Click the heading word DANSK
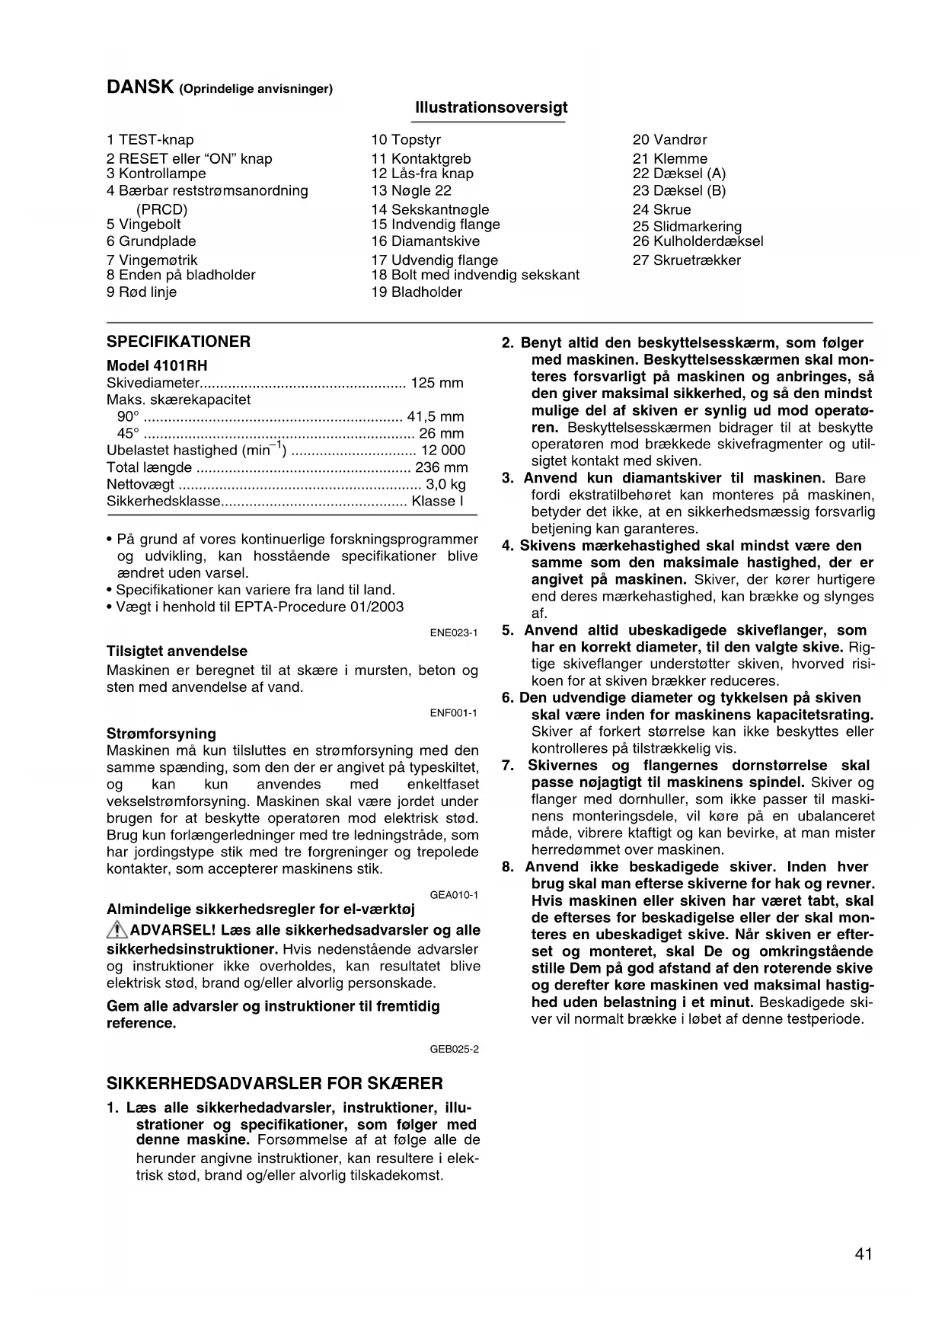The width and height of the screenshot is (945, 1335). [x=139, y=88]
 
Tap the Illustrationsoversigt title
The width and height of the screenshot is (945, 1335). [x=491, y=107]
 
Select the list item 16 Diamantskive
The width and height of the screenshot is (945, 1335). [x=426, y=241]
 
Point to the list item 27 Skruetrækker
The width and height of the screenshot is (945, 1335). [x=686, y=260]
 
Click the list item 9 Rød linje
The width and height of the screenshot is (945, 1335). [x=142, y=292]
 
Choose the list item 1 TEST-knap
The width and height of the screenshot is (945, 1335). [x=150, y=140]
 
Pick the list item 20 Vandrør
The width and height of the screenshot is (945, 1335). [x=669, y=140]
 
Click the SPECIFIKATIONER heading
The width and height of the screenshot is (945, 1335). [x=178, y=342]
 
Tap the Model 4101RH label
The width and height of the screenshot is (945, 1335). [x=157, y=366]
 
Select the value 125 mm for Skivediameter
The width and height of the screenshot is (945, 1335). [x=436, y=383]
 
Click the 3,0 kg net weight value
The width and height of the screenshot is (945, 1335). [x=445, y=485]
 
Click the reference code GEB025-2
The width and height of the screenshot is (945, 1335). [x=454, y=1050]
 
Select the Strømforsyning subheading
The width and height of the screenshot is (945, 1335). [x=161, y=734]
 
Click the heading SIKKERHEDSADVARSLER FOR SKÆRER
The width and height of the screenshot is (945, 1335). [x=274, y=1083]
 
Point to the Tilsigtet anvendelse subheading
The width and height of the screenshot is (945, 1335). [x=177, y=652]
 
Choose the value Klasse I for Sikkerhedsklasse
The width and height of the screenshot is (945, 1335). [x=437, y=502]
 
